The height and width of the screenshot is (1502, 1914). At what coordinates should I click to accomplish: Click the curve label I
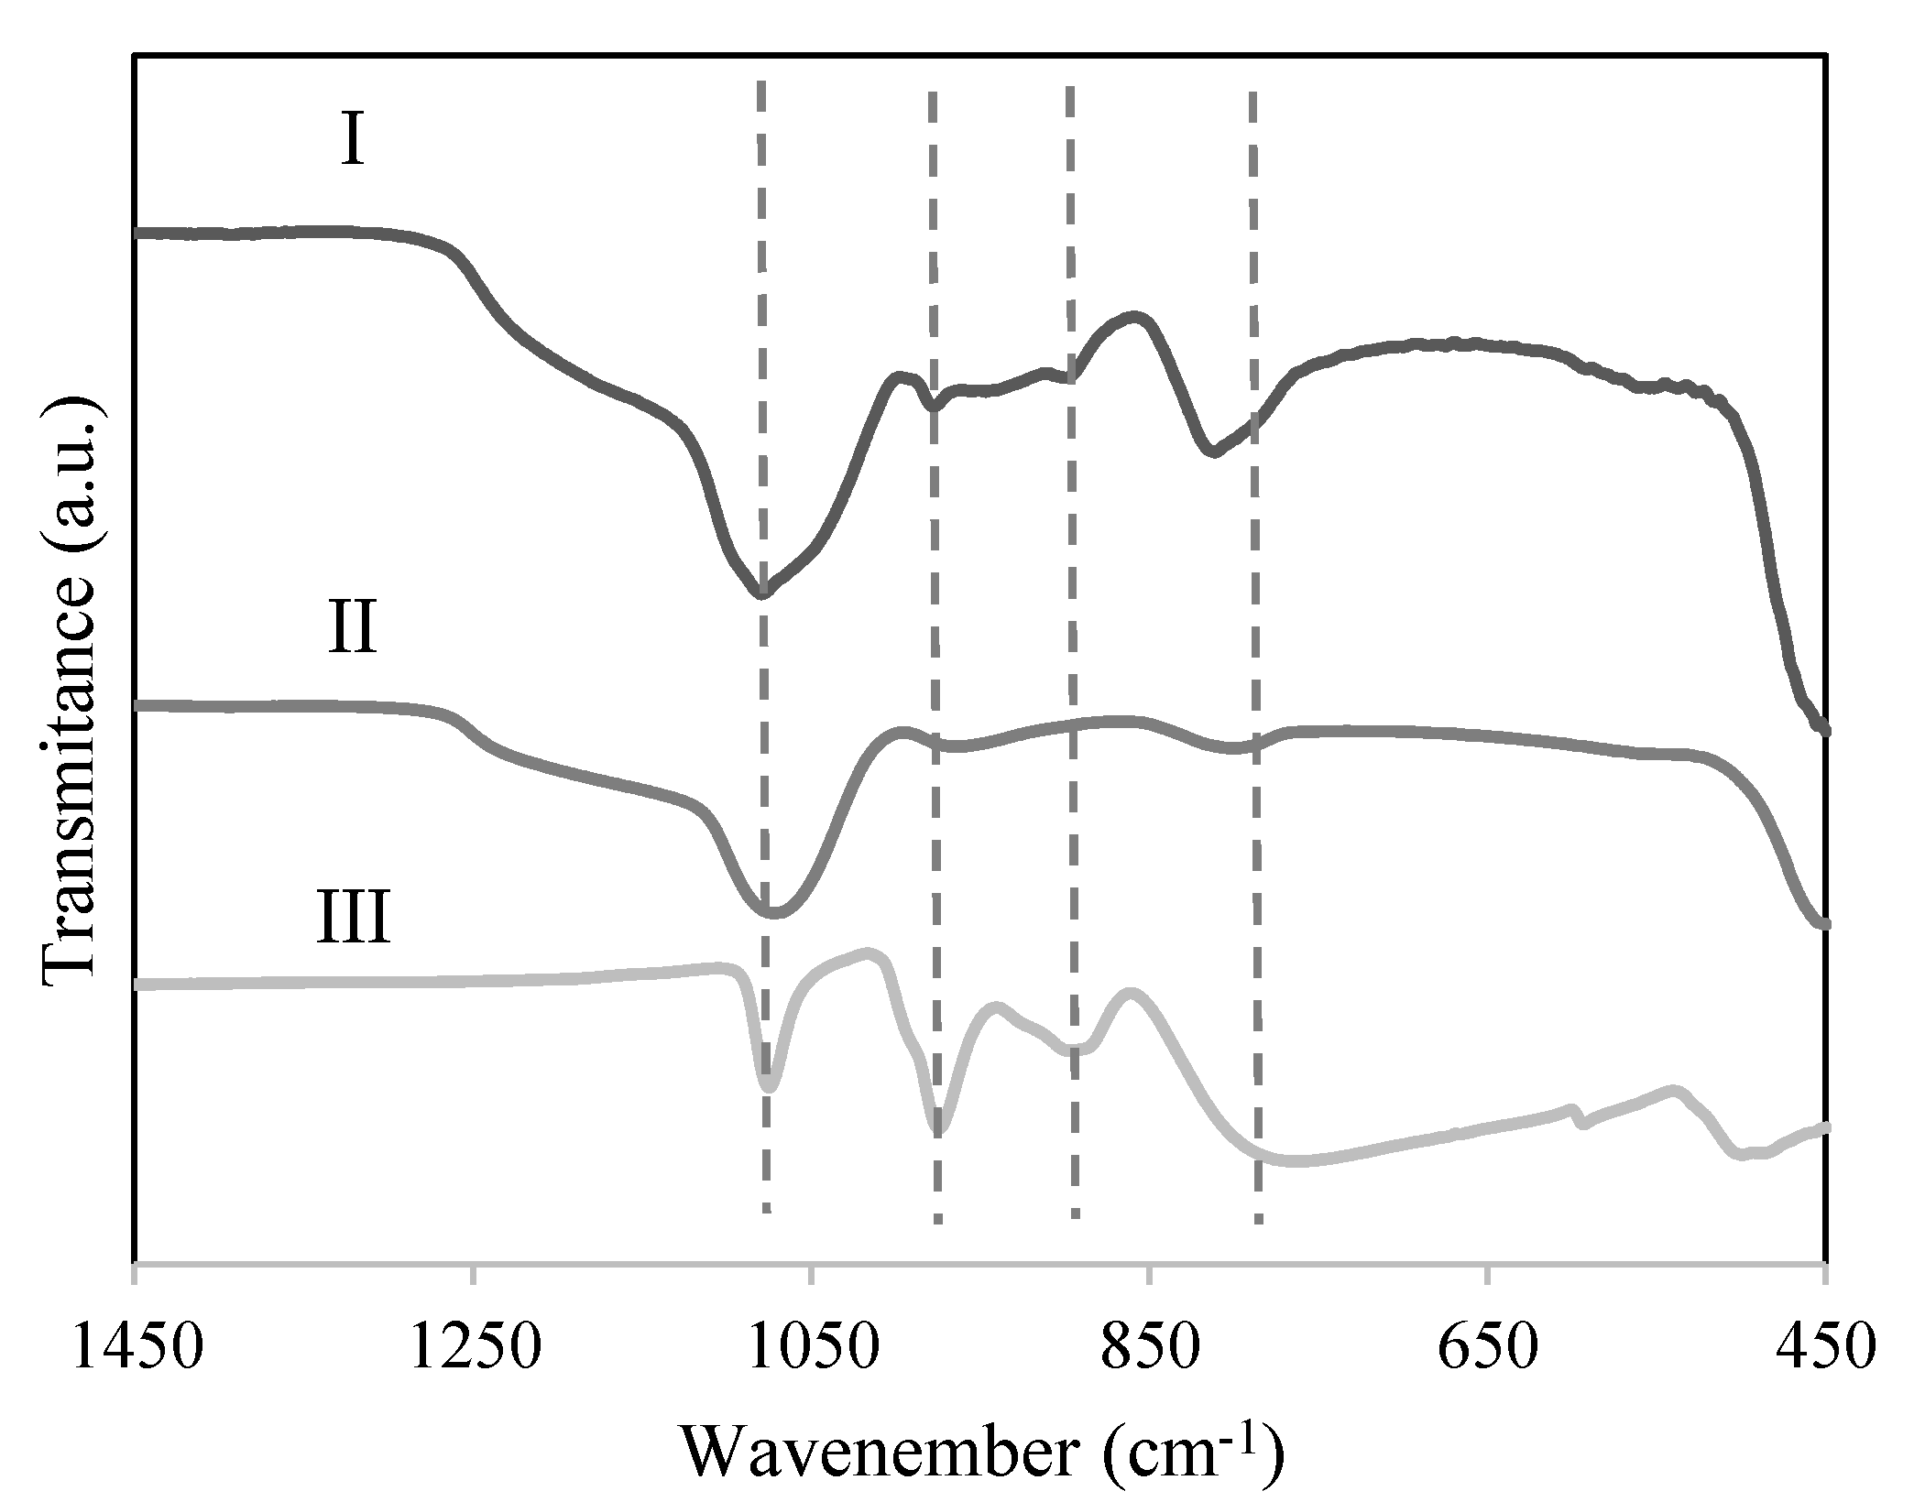(353, 142)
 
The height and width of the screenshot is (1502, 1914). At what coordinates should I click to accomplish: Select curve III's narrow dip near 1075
(769, 1089)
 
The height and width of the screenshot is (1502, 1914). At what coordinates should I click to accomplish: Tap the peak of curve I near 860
(1136, 317)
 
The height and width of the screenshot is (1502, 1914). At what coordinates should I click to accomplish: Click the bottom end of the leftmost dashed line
(766, 1211)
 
